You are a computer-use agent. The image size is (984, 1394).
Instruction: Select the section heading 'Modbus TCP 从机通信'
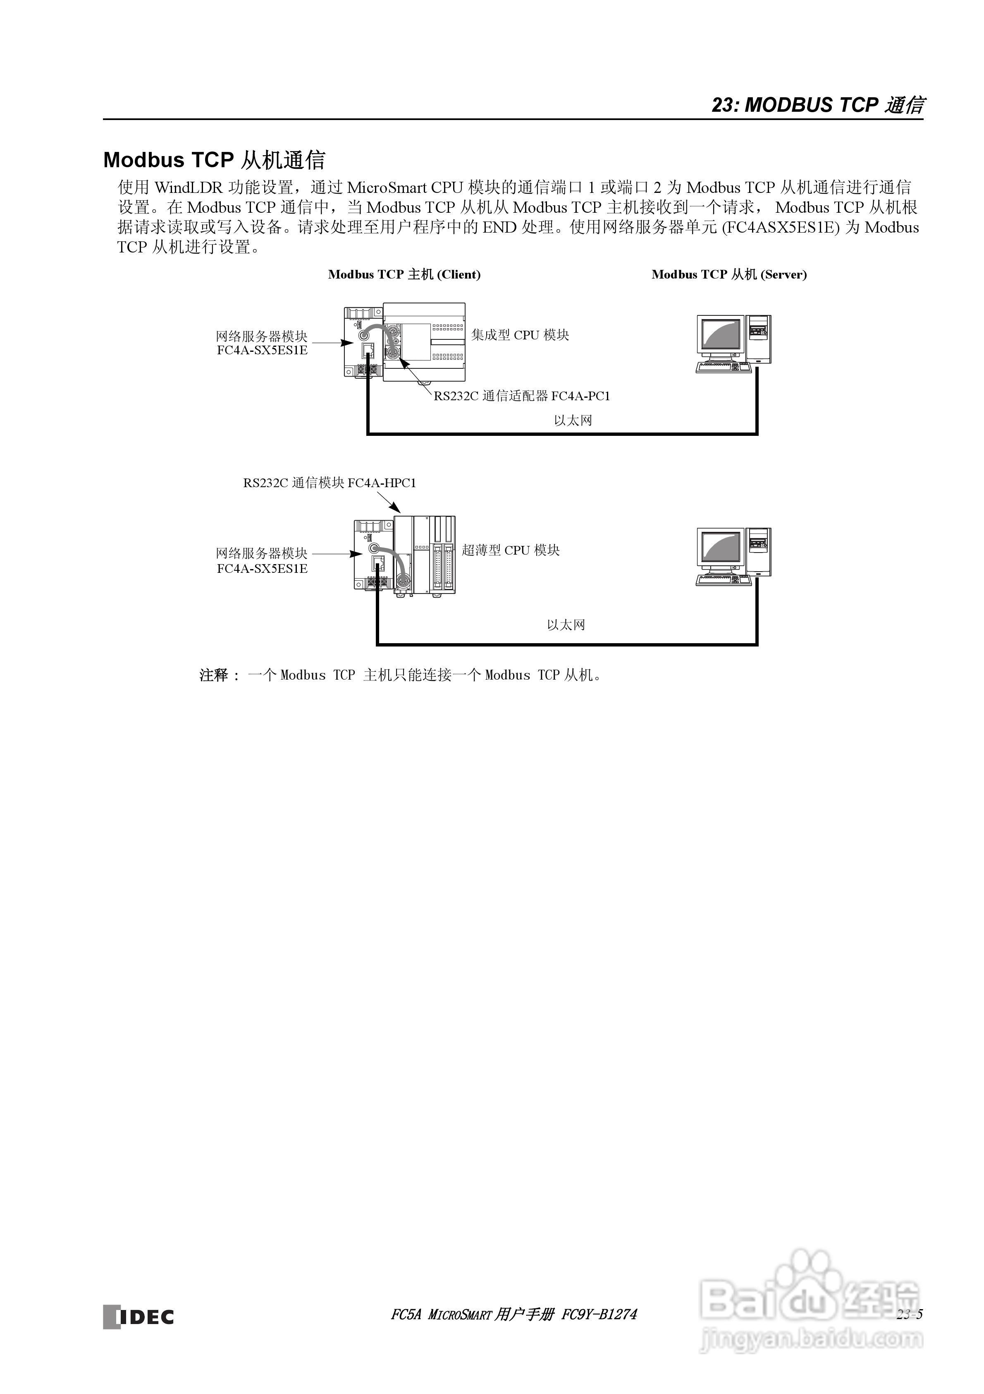pyautogui.click(x=214, y=160)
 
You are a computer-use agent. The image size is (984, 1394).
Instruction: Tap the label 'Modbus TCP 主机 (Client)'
pyautogui.click(x=404, y=274)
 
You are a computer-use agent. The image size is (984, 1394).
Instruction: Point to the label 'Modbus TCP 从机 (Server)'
pyautogui.click(x=728, y=274)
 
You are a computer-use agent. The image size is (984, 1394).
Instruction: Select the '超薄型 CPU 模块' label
pyautogui.click(x=510, y=550)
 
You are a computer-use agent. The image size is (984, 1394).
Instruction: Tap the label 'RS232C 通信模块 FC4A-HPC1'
pyautogui.click(x=330, y=483)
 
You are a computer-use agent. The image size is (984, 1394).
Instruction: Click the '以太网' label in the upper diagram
pyautogui.click(x=573, y=420)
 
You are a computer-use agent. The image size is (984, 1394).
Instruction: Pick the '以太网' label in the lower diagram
pyautogui.click(x=566, y=625)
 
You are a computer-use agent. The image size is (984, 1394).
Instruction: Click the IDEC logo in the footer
pyautogui.click(x=139, y=1316)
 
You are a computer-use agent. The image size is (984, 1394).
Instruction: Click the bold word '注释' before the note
pyautogui.click(x=213, y=675)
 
